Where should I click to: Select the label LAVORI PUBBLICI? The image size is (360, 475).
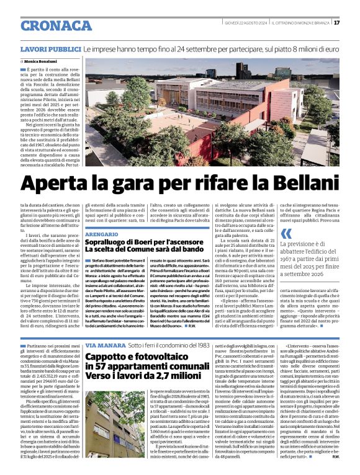(x=51, y=48)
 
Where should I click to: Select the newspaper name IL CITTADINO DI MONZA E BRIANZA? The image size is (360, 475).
(x=302, y=23)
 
